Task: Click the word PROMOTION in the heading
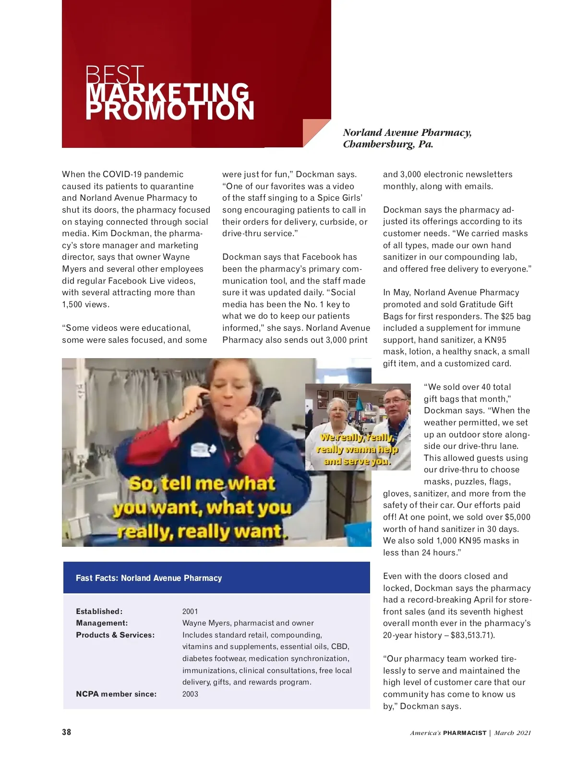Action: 170,111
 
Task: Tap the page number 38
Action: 67,732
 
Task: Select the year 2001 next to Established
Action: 190,612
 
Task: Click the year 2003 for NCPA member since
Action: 190,694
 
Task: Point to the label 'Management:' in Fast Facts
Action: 102,623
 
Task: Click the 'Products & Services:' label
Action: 115,635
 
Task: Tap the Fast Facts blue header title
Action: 149,578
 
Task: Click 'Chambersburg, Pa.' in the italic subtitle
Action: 388,145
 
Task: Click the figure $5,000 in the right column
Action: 517,517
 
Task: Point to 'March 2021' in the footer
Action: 513,733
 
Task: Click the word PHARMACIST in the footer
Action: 465,733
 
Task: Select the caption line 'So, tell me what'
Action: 202,483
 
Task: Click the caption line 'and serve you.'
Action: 358,462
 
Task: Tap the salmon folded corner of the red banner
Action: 314,131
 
